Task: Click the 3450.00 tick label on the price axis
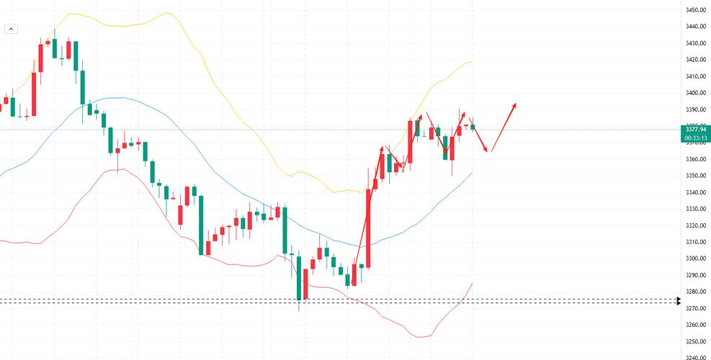tap(695, 10)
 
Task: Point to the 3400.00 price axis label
tap(695, 93)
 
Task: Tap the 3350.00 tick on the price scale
tap(695, 176)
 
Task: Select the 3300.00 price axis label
tap(695, 258)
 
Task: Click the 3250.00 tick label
tap(695, 341)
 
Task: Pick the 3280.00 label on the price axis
tap(695, 292)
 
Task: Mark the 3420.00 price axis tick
tap(695, 60)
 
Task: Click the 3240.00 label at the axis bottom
tap(695, 357)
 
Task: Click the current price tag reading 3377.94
tap(695, 130)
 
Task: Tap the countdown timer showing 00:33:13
tap(695, 138)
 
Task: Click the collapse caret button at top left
tap(11, 29)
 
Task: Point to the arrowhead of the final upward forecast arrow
tap(515, 104)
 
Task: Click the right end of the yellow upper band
tap(472, 62)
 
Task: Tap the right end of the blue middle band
tap(472, 173)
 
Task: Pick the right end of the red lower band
tap(472, 284)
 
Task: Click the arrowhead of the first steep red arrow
tap(381, 148)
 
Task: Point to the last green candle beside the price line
tap(473, 127)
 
